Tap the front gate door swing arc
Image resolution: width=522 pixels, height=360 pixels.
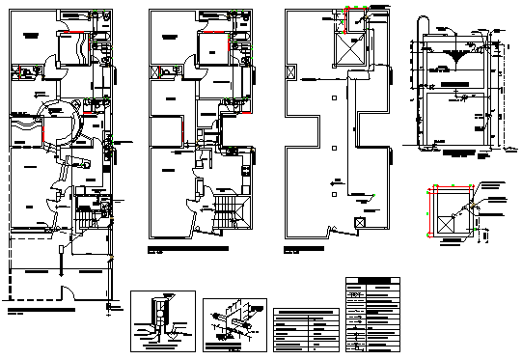pyautogui.click(x=62, y=292)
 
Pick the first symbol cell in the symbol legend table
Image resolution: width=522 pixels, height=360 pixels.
pyautogui.click(x=356, y=295)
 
